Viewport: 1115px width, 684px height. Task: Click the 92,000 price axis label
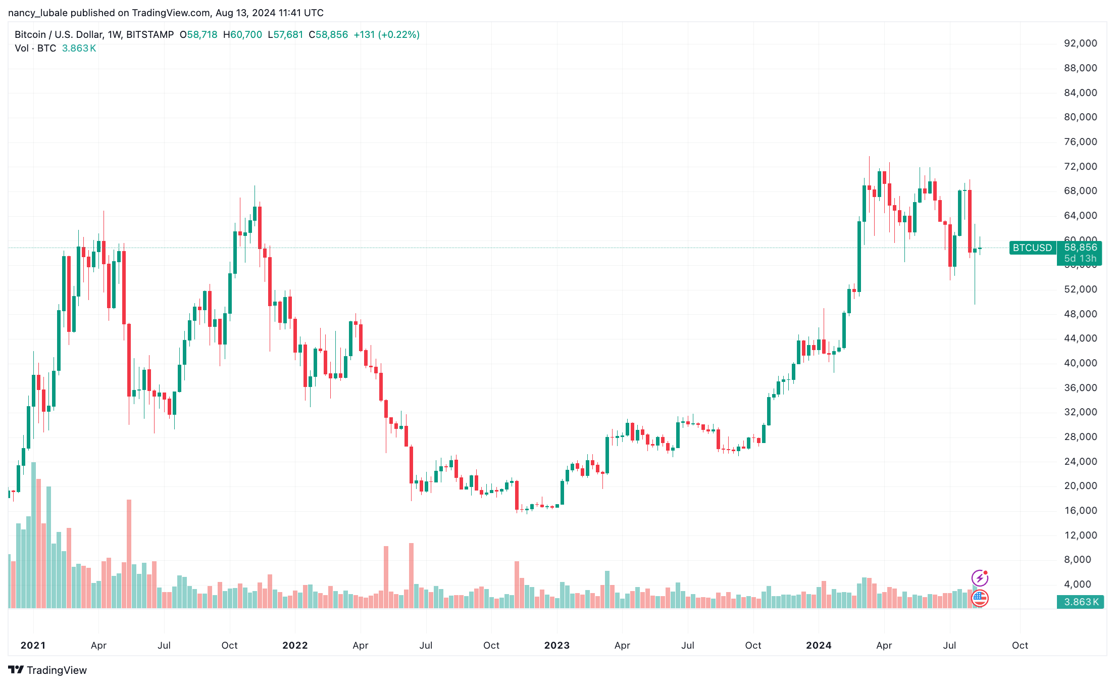[1080, 43]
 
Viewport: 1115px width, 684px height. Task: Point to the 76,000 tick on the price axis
[1080, 142]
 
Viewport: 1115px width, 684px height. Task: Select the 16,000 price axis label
[1080, 511]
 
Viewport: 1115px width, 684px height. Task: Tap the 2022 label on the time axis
[295, 645]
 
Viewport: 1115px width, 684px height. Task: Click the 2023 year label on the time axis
[556, 645]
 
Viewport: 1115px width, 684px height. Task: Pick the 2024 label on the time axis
[819, 645]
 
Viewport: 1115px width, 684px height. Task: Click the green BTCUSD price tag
[1032, 248]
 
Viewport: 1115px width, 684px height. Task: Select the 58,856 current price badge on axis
[1080, 248]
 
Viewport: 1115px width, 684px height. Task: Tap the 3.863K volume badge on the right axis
[1080, 602]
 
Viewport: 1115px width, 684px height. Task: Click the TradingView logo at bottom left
[47, 670]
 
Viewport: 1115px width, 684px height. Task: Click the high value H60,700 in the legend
[242, 35]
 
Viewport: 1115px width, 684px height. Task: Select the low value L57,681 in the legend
[285, 35]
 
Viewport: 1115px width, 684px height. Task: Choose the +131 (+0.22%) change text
[386, 35]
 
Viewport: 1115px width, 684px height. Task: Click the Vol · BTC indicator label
[35, 48]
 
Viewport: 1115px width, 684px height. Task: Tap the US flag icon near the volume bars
[980, 598]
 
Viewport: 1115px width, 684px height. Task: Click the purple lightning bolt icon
[980, 577]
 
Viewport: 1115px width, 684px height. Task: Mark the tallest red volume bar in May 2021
[129, 553]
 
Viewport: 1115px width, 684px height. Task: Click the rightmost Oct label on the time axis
[1020, 645]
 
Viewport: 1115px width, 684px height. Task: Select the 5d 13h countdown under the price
[1080, 259]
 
